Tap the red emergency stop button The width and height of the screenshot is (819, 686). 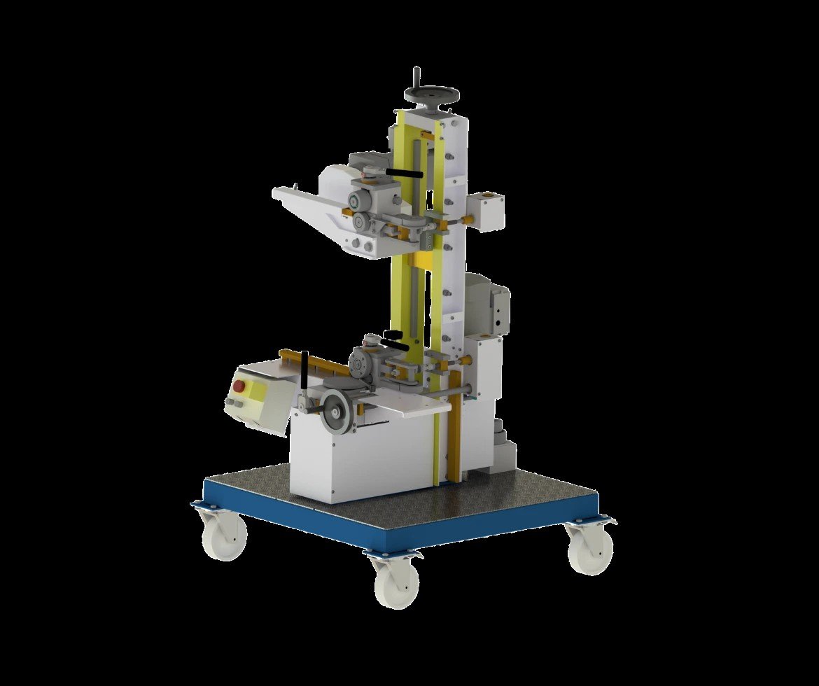pyautogui.click(x=239, y=386)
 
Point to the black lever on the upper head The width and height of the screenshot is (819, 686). pyautogui.click(x=406, y=172)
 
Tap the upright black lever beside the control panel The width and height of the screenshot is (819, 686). pyautogui.click(x=304, y=371)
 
